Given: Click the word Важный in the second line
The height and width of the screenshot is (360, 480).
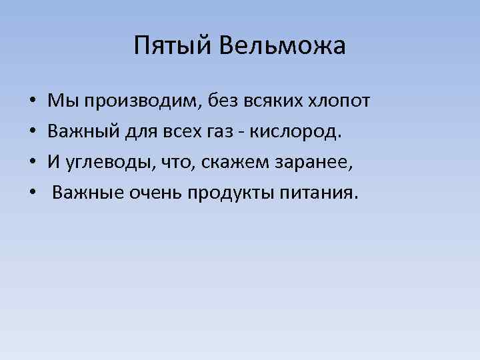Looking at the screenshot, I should [x=81, y=131].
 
